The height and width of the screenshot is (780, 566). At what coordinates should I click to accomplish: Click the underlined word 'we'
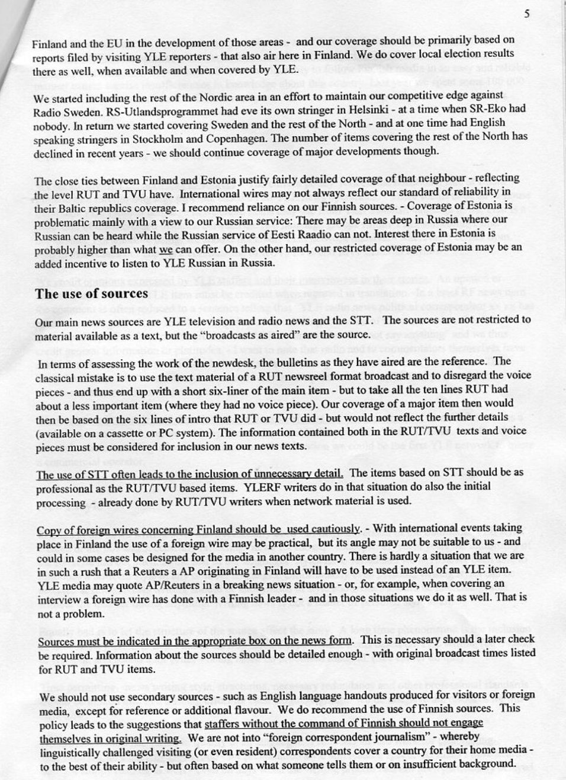pos(167,250)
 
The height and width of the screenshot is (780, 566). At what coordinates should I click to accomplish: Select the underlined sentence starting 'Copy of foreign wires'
pos(198,529)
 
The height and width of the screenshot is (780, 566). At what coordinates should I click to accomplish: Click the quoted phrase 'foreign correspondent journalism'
pos(336,737)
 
